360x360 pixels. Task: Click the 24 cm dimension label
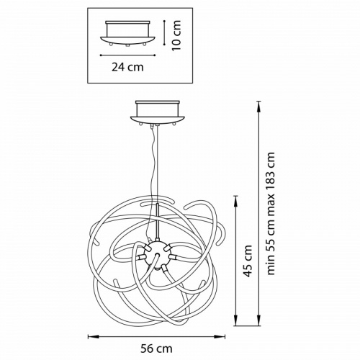click(x=127, y=67)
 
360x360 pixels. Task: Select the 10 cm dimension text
click(x=176, y=35)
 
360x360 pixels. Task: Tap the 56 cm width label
click(x=156, y=348)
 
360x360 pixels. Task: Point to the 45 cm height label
click(x=248, y=261)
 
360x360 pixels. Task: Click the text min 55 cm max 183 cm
click(x=271, y=213)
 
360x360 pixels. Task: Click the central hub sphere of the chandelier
click(x=157, y=255)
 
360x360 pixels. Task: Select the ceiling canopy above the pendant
click(x=158, y=112)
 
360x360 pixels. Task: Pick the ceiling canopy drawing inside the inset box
click(x=127, y=33)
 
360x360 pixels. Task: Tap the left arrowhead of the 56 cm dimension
click(x=91, y=337)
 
